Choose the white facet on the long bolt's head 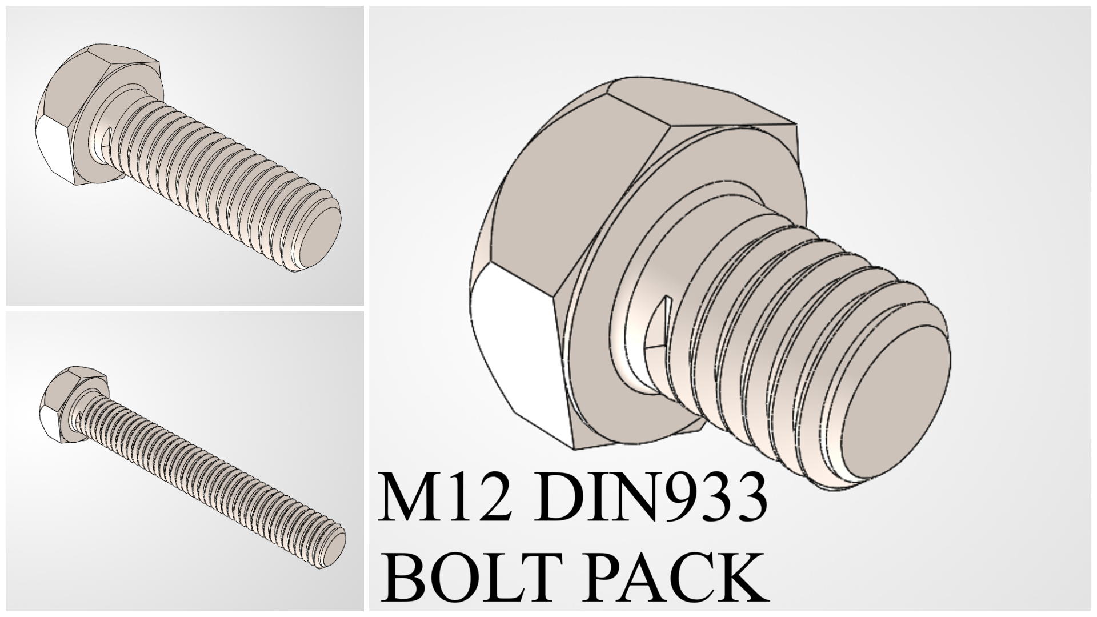(x=49, y=420)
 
